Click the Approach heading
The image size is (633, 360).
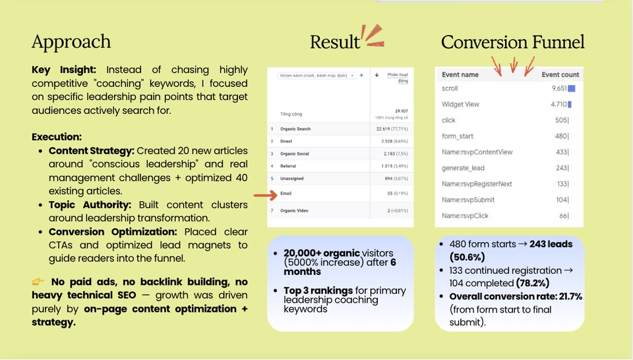pos(71,42)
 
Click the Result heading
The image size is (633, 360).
pos(335,42)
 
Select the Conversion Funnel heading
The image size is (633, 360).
pos(512,42)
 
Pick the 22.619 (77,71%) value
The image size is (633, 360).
pos(388,129)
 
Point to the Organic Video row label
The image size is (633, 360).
pos(293,210)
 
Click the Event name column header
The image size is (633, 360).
pos(460,75)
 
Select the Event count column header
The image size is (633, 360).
pos(560,75)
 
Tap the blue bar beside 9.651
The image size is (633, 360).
pos(572,88)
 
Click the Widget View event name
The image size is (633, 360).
pos(460,104)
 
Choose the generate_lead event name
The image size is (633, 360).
pos(464,168)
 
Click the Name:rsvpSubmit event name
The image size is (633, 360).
pos(468,200)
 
